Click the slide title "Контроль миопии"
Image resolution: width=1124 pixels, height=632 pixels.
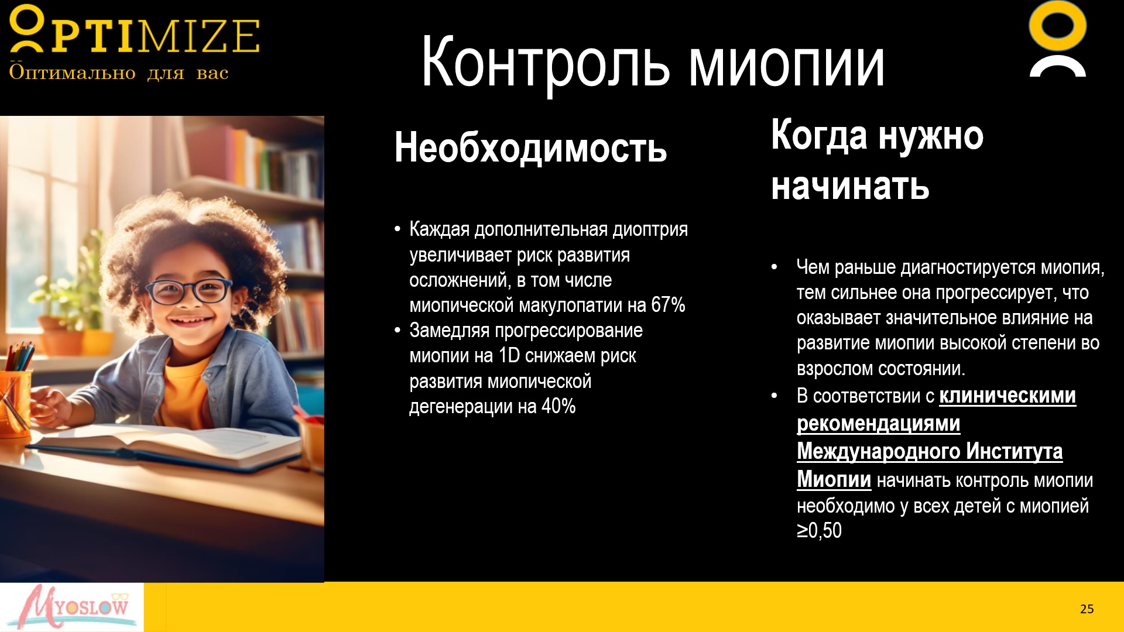pos(653,62)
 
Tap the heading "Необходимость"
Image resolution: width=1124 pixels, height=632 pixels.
pos(530,147)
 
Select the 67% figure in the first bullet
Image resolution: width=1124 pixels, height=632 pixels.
pos(668,305)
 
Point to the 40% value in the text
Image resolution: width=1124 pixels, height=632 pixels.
pos(558,406)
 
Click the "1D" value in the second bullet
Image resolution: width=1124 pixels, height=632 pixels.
pos(509,355)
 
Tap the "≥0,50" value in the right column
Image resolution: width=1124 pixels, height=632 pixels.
pos(819,530)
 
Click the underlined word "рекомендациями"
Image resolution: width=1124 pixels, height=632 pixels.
pos(878,423)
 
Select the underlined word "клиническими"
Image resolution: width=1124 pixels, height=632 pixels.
pos(1008,396)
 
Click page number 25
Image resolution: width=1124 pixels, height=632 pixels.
pos(1087,609)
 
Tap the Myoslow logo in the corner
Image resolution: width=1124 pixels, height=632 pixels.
pos(71,607)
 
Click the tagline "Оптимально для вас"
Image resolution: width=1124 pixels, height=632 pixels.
pos(118,73)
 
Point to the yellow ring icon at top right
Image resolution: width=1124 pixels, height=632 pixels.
pos(1058,27)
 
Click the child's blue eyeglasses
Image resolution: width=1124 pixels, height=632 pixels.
pos(189,291)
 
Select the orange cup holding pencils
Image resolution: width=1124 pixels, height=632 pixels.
pos(15,404)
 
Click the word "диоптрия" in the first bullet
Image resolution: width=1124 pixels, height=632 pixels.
pos(650,229)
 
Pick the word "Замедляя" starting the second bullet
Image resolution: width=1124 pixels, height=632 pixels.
pos(449,331)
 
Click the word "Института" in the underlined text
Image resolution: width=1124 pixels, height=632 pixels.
pos(1014,451)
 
